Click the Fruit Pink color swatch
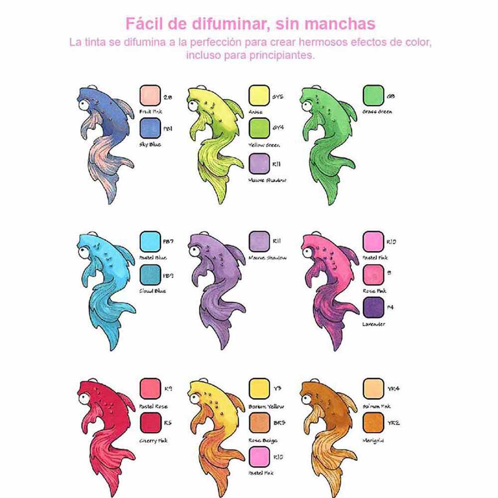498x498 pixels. (x=150, y=95)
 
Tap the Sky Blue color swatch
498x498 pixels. (x=150, y=128)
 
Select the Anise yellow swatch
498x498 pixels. (x=259, y=95)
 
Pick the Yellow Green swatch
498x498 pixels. (x=259, y=128)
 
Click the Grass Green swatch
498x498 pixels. (x=373, y=95)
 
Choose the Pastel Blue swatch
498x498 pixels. (x=150, y=242)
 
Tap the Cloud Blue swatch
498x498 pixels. (x=150, y=274)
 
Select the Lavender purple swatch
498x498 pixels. (x=373, y=307)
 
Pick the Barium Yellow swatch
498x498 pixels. (x=259, y=389)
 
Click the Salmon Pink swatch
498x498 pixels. (x=373, y=389)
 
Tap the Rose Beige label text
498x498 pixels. (x=263, y=440)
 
